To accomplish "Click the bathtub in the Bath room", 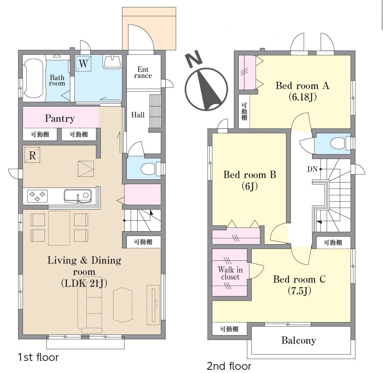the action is [33, 78].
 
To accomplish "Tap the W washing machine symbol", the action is [84, 64].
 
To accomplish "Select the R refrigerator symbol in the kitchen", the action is [32, 155].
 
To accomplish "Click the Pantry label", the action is [60, 119].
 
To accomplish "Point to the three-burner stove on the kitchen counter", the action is [38, 196].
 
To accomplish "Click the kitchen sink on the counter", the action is [78, 196].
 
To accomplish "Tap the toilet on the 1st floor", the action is [151, 169].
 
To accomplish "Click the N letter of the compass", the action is [194, 59].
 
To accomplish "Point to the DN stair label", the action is [312, 169].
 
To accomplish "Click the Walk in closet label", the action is [230, 273].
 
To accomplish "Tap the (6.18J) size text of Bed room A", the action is [303, 97].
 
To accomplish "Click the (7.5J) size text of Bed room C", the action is [299, 291].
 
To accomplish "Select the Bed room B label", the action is [250, 175].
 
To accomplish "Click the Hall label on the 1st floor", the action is [138, 114].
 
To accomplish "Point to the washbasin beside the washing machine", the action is [112, 62].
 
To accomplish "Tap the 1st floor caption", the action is [38, 357].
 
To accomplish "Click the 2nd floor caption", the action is [229, 366].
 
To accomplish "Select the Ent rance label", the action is [143, 72].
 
